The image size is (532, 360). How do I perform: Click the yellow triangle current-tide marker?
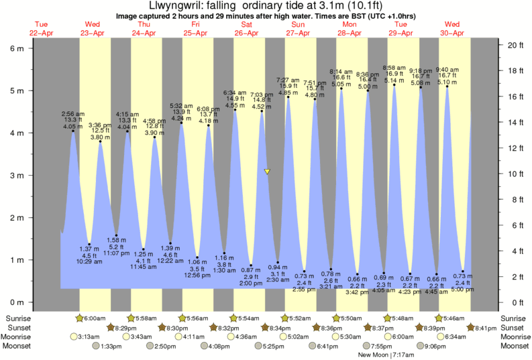tap(268, 172)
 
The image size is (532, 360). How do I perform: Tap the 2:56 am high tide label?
tap(72, 115)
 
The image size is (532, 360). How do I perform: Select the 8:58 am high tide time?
tap(393, 68)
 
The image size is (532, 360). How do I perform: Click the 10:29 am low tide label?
tap(89, 261)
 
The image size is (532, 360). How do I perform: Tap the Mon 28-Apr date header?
tap(349, 29)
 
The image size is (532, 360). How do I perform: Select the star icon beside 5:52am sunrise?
tap(285, 318)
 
